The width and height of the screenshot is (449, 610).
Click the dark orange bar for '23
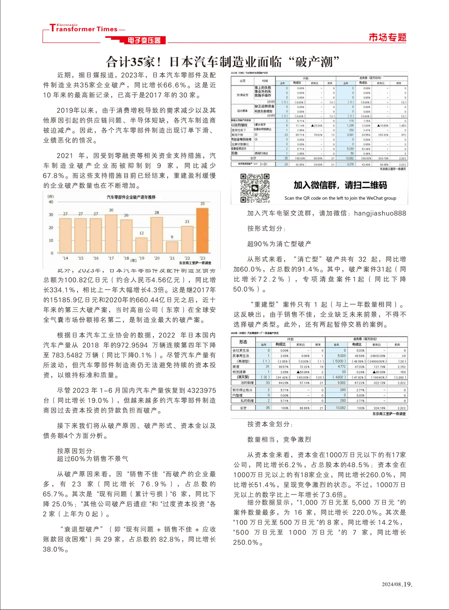pos(202,231)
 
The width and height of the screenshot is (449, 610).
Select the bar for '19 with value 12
pos(141,245)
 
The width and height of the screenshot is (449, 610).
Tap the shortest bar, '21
pos(172,247)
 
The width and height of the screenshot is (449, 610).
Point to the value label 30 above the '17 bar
pos(111,210)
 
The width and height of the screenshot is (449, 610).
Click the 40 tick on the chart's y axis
pos(51,202)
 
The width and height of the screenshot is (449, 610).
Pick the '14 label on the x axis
pos(65,258)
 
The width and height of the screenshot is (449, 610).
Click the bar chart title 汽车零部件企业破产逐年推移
pos(131,197)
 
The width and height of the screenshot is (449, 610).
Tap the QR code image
pos(255,188)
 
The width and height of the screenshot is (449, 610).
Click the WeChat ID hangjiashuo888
pos(380,213)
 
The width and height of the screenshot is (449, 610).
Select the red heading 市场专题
pos(387,38)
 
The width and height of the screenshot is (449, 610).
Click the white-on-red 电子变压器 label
pos(144,40)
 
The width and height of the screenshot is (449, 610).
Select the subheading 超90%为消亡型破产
pos(279,244)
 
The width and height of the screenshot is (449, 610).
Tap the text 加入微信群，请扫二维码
pos(340,185)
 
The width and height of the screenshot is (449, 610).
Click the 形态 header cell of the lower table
pos(243,342)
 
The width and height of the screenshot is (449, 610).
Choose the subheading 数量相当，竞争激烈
pos(279,440)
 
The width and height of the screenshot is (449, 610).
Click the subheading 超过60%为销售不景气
pos(93,459)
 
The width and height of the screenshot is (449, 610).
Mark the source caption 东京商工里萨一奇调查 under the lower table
pos(388,414)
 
